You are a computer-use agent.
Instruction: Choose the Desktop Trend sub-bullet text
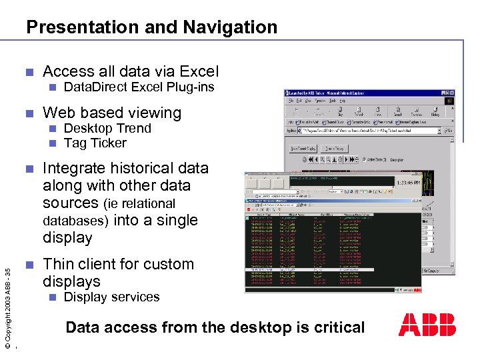pyautogui.click(x=107, y=128)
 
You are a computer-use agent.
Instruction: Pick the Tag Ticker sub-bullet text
pyautogui.click(x=95, y=143)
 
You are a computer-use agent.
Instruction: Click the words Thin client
pyautogui.click(x=86, y=264)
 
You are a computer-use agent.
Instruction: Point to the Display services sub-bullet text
pyautogui.click(x=111, y=297)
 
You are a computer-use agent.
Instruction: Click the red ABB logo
pyautogui.click(x=427, y=325)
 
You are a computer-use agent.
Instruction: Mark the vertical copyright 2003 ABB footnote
pyautogui.click(x=7, y=307)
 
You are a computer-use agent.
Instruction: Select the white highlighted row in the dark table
pyautogui.click(x=333, y=269)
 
